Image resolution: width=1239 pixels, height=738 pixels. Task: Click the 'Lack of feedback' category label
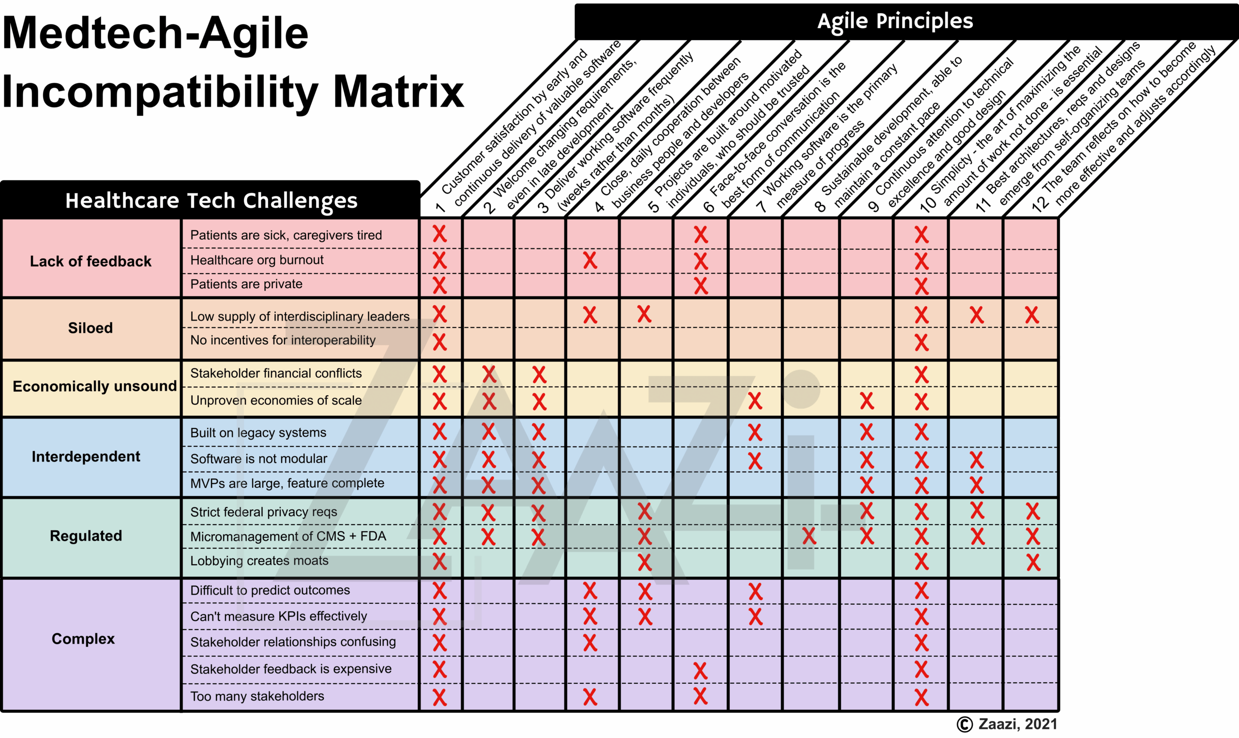coord(91,261)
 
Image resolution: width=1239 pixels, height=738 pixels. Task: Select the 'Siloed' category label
coord(91,328)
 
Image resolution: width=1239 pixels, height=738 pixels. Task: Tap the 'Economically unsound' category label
coord(94,386)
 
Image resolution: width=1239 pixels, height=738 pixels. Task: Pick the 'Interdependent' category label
coord(86,456)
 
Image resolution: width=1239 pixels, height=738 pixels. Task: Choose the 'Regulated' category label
coord(86,536)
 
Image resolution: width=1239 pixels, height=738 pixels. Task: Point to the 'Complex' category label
coord(83,639)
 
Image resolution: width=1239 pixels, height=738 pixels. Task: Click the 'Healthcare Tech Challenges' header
coord(211,200)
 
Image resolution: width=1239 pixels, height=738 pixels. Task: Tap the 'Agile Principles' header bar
coord(894,21)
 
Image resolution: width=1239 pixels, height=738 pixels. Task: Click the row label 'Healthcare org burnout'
coord(257,260)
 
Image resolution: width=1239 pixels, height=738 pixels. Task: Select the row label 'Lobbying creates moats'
coord(259,560)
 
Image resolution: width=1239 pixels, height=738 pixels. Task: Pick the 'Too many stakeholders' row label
coord(257,696)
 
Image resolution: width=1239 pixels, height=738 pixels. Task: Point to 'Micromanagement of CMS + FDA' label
coord(288,536)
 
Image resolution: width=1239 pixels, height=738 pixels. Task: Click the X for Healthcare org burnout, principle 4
coord(590,260)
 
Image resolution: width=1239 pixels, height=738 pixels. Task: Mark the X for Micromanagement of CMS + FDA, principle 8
coord(809,536)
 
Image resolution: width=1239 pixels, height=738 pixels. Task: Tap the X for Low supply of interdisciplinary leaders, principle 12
coord(1032,315)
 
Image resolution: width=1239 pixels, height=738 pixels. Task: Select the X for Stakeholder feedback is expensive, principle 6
coord(700,670)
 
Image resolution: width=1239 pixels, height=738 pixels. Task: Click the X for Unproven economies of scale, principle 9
coord(867,401)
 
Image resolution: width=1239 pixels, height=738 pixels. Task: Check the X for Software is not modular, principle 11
coord(977,460)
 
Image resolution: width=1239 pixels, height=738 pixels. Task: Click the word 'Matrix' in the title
coord(398,92)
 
